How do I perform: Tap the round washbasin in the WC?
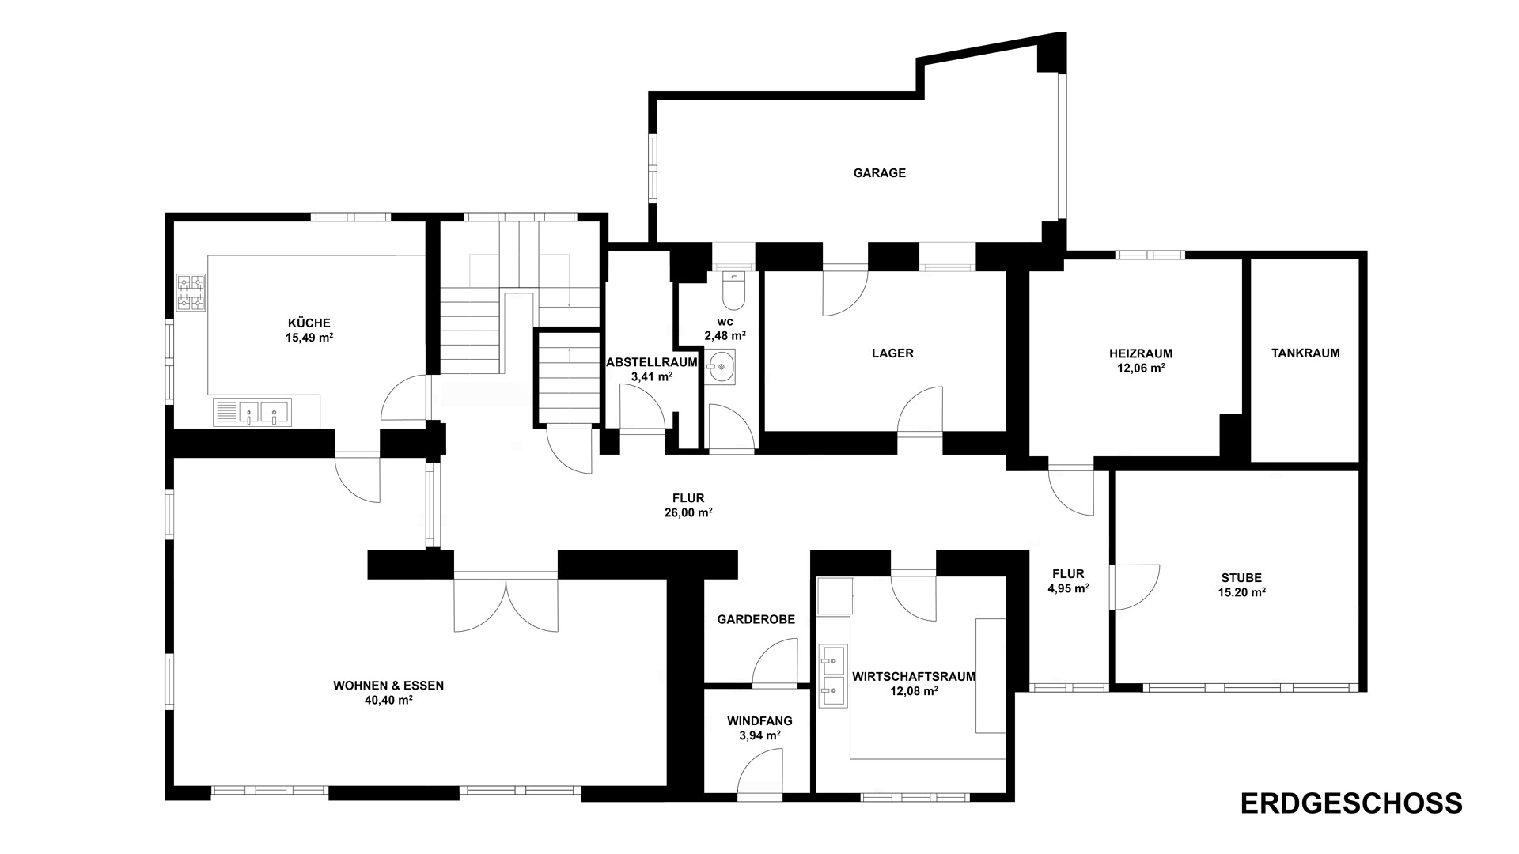pyautogui.click(x=720, y=367)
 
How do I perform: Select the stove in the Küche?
pyautogui.click(x=191, y=293)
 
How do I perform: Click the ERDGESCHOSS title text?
pyautogui.click(x=1351, y=803)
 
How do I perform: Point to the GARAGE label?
pyautogui.click(x=879, y=173)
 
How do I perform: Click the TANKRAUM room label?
pyautogui.click(x=1305, y=353)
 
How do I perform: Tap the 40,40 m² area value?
pyautogui.click(x=388, y=700)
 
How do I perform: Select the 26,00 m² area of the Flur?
pyautogui.click(x=688, y=512)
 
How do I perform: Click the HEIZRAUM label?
pyautogui.click(x=1141, y=353)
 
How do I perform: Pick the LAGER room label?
pyautogui.click(x=892, y=353)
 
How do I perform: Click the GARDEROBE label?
pyautogui.click(x=756, y=620)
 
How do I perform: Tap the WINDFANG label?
pyautogui.click(x=759, y=721)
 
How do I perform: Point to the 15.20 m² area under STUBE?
pyautogui.click(x=1242, y=592)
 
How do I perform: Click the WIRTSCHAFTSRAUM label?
pyautogui.click(x=914, y=677)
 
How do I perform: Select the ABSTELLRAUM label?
pyautogui.click(x=652, y=363)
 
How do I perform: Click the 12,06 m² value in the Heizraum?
pyautogui.click(x=1141, y=368)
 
